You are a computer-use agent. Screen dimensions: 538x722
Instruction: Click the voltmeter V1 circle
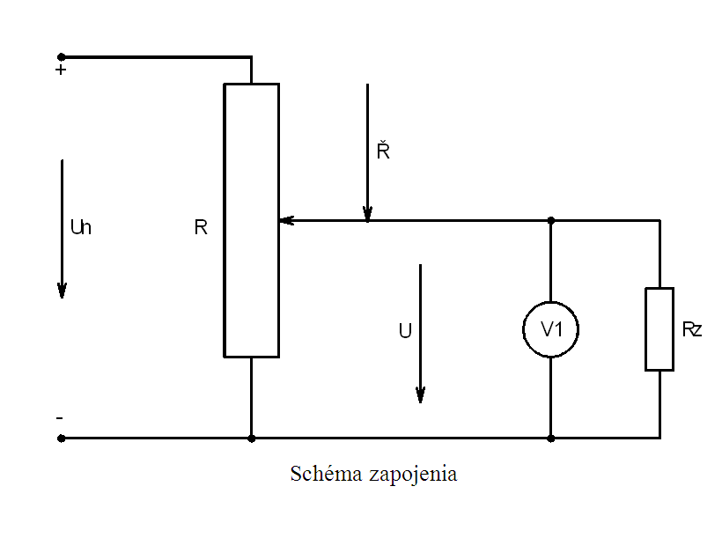(x=550, y=330)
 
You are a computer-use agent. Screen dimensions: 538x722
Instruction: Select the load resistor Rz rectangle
(x=659, y=328)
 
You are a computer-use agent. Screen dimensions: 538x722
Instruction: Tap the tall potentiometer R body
(x=252, y=220)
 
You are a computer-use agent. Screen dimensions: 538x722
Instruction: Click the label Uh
(x=81, y=227)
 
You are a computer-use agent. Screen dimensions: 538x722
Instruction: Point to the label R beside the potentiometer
(x=201, y=228)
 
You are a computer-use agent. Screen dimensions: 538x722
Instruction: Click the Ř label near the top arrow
(x=383, y=151)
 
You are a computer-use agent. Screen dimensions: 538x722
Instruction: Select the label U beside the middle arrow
(x=404, y=331)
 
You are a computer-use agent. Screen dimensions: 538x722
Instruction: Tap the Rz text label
(x=692, y=330)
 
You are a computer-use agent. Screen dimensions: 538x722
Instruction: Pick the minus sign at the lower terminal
(x=60, y=416)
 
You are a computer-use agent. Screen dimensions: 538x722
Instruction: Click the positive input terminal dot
(x=61, y=57)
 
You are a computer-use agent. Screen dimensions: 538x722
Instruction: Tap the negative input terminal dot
(x=61, y=438)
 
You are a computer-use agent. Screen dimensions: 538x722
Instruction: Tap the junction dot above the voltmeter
(x=550, y=220)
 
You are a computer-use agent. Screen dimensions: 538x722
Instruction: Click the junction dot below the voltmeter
(x=550, y=438)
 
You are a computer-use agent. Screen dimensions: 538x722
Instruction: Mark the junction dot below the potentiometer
(x=252, y=438)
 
